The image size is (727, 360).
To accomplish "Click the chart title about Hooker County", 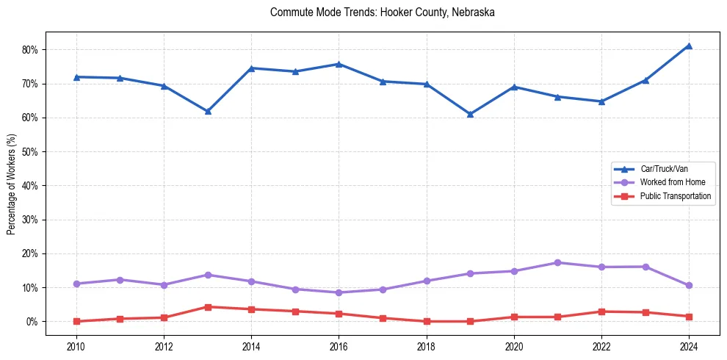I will (x=382, y=12).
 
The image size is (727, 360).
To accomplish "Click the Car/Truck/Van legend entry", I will (x=663, y=169).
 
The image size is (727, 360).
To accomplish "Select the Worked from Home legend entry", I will (x=668, y=182).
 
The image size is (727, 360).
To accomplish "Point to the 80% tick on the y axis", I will (x=34, y=50).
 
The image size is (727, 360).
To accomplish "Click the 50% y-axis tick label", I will (x=34, y=152).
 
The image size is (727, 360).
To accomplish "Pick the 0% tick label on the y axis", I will (x=36, y=322).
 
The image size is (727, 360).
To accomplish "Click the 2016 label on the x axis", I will (x=339, y=346).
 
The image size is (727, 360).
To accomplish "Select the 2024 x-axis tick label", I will (x=689, y=346).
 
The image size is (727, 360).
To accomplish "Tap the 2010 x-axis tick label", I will (x=76, y=346).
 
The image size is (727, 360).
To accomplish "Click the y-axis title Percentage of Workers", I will (x=12, y=184).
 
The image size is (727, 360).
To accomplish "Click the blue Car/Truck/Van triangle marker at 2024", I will (x=689, y=46).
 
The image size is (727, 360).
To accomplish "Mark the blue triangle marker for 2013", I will (x=208, y=112).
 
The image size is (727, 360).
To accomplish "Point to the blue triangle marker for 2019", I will (x=470, y=114).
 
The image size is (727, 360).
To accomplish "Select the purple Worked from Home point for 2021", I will (x=557, y=262).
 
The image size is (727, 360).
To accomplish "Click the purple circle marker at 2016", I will (x=339, y=292).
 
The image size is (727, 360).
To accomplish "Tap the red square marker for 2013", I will (x=208, y=307).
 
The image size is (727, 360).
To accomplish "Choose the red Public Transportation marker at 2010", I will (x=76, y=321).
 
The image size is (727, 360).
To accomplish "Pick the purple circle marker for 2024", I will (x=689, y=285).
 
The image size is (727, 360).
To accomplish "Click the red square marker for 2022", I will (x=601, y=312).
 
